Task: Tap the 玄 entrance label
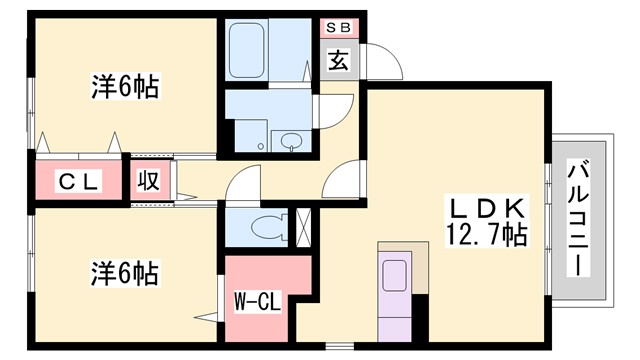338,60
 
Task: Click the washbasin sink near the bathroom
292,140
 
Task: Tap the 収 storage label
147,182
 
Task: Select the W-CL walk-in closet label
256,301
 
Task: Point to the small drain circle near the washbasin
261,147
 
